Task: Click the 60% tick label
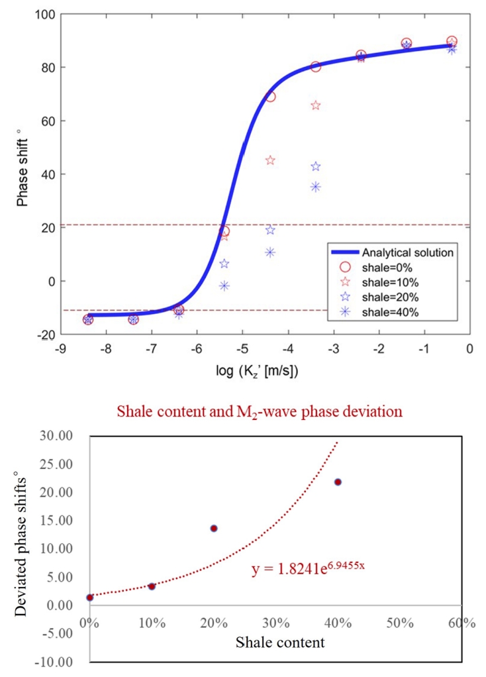point(462,623)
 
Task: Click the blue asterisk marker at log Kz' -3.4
point(316,186)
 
